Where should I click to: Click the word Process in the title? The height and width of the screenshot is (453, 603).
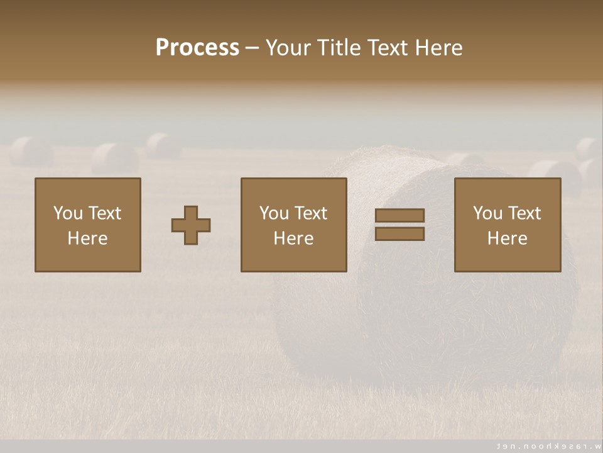click(197, 48)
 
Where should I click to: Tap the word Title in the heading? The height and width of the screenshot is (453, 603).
click(342, 48)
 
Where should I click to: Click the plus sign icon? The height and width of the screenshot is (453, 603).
click(191, 225)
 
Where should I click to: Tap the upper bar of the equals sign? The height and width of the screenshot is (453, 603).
click(399, 216)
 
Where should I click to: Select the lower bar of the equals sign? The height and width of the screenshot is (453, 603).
click(399, 234)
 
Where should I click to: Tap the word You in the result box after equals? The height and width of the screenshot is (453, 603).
click(487, 213)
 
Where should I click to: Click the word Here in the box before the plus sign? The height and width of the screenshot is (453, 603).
click(87, 238)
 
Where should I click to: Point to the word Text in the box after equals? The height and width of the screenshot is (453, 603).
click(524, 213)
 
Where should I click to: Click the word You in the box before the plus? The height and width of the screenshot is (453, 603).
click(68, 213)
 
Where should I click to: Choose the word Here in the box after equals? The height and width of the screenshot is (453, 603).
click(507, 238)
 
